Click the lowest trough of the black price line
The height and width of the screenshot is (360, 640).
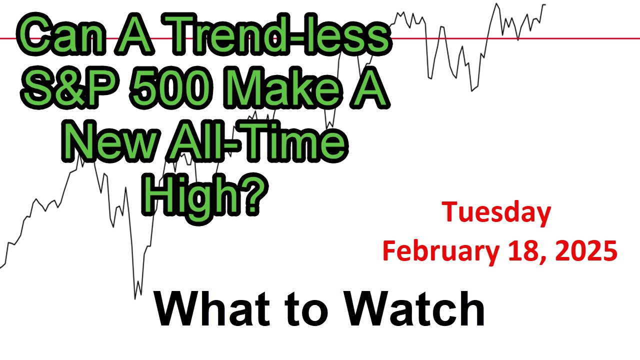pyautogui.click(x=135, y=298)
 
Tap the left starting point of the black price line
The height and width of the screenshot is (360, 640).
pyautogui.click(x=1, y=267)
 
